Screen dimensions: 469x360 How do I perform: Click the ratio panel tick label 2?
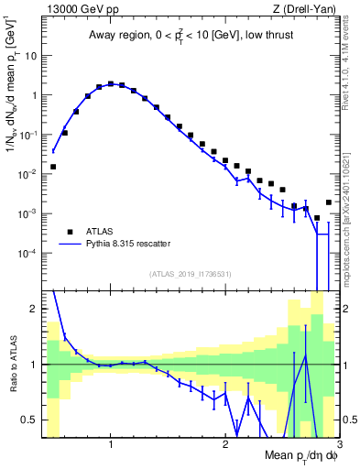click(x=34, y=309)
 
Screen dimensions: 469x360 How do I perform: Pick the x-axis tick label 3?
click(x=338, y=444)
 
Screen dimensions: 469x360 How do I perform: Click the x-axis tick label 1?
click(x=111, y=444)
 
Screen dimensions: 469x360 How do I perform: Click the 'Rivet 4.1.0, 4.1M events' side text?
click(x=350, y=60)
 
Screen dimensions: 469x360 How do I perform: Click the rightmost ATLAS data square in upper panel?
click(x=329, y=202)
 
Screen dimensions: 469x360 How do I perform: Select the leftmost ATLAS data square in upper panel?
click(x=53, y=167)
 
